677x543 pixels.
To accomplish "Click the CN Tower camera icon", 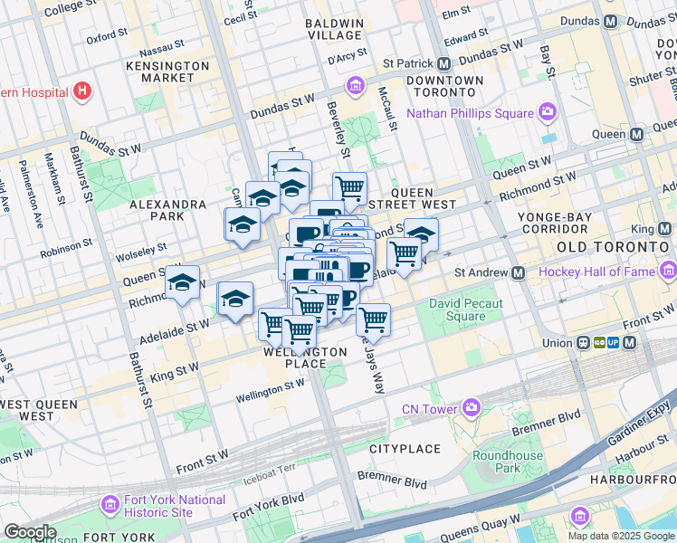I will click(471, 408).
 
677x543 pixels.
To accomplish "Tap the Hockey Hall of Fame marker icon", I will click(669, 271).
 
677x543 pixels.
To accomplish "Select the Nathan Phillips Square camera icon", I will click(547, 113).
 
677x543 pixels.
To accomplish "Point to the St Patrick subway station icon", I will click(443, 64).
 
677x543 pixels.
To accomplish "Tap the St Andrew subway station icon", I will click(519, 272).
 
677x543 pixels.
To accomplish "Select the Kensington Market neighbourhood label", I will click(161, 72).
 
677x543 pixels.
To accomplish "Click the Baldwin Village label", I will click(334, 29).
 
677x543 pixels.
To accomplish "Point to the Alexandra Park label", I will click(168, 211).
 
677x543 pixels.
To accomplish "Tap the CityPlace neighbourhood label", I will click(405, 449).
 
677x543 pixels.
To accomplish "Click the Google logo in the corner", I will click(30, 532).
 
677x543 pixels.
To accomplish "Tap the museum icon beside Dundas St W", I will click(355, 87).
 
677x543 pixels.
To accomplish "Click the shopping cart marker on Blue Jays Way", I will click(373, 319).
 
